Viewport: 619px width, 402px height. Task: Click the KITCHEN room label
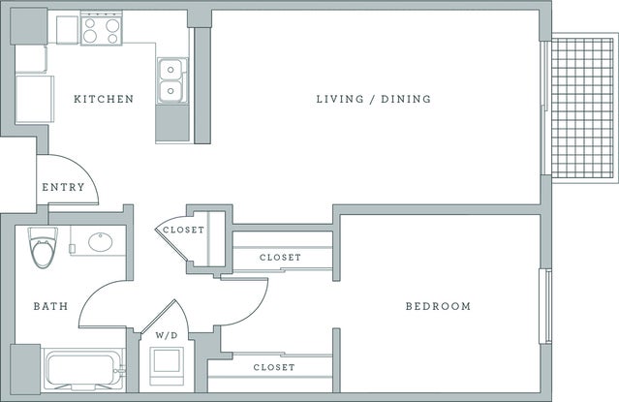coord(104,99)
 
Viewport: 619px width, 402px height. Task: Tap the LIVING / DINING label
coord(373,99)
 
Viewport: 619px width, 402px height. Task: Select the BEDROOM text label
coord(437,306)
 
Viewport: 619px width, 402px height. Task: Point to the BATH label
coord(51,306)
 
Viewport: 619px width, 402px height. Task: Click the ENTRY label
coord(63,187)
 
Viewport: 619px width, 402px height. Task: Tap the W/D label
coord(167,335)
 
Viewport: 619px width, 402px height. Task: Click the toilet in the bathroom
coord(43,249)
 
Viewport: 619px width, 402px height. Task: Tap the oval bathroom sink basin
coord(100,243)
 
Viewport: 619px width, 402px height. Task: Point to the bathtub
coord(82,369)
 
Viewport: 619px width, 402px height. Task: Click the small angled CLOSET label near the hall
coord(182,230)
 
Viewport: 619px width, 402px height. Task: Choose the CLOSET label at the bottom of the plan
coord(274,367)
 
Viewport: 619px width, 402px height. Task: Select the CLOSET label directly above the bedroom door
coord(280,257)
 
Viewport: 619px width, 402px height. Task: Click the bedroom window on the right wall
coord(544,305)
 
